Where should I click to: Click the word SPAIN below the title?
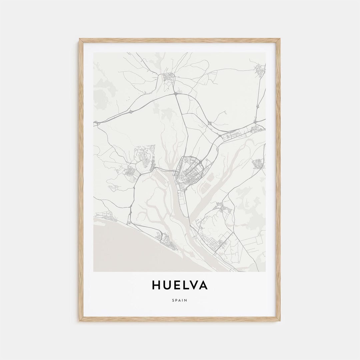tap(180, 300)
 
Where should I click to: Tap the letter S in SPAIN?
tap(174, 300)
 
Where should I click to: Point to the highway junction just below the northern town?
tap(175, 94)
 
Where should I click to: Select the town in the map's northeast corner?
tap(259, 70)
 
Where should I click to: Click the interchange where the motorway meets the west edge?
tap(96, 124)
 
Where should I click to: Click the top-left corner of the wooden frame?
tap(80, 39)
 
